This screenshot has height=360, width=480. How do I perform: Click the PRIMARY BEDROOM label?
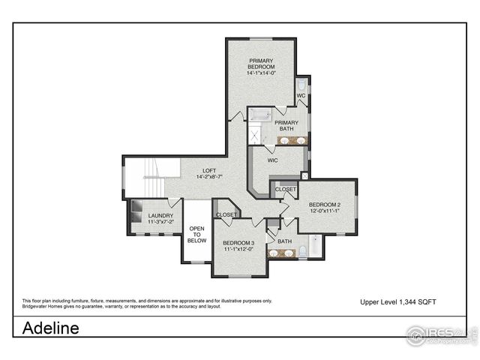(261, 63)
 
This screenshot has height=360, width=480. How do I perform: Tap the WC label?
(300, 96)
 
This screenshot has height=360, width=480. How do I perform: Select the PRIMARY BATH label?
(286, 125)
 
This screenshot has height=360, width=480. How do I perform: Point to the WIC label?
(274, 160)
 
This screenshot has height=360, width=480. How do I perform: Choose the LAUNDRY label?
(160, 218)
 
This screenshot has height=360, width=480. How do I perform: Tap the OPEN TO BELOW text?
(196, 234)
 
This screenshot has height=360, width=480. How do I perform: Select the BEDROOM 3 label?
(238, 245)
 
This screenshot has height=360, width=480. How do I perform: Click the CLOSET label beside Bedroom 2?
(285, 190)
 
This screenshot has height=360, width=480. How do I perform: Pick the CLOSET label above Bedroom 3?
(226, 214)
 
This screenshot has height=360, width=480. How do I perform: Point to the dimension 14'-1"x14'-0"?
(261, 73)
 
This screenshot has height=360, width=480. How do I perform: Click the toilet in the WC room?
(301, 84)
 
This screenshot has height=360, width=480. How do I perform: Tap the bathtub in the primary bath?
(262, 115)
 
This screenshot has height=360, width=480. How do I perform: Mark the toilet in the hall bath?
(301, 250)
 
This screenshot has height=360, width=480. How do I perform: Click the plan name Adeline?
(50, 328)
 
